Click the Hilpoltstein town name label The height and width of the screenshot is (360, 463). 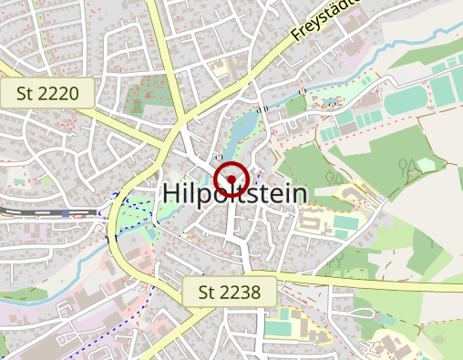coord(235,193)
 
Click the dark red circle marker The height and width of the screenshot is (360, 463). coord(231,180)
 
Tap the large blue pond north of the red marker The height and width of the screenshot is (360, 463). coord(243,129)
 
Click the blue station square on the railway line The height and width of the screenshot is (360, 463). coord(66,213)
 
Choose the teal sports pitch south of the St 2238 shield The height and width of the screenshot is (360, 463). coord(282,321)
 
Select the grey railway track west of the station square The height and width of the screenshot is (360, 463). coord(27,211)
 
